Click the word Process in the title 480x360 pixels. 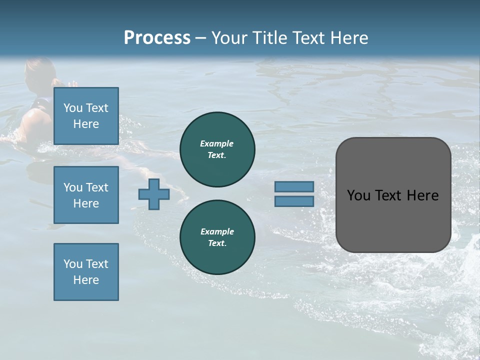[157, 38]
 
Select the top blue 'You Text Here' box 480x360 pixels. [86, 116]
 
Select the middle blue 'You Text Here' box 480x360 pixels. [86, 195]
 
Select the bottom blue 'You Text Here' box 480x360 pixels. [86, 272]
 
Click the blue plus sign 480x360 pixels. [153, 194]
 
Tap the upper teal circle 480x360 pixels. [217, 149]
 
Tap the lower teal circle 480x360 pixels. [217, 237]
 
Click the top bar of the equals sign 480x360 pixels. [294, 186]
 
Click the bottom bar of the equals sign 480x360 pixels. [294, 201]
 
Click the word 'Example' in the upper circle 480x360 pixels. [217, 143]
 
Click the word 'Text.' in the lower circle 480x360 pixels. [217, 243]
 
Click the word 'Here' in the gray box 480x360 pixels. [422, 195]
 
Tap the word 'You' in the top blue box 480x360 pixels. [73, 108]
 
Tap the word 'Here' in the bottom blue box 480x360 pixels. [86, 280]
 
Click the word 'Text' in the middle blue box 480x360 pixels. [97, 187]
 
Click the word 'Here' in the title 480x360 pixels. [348, 38]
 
